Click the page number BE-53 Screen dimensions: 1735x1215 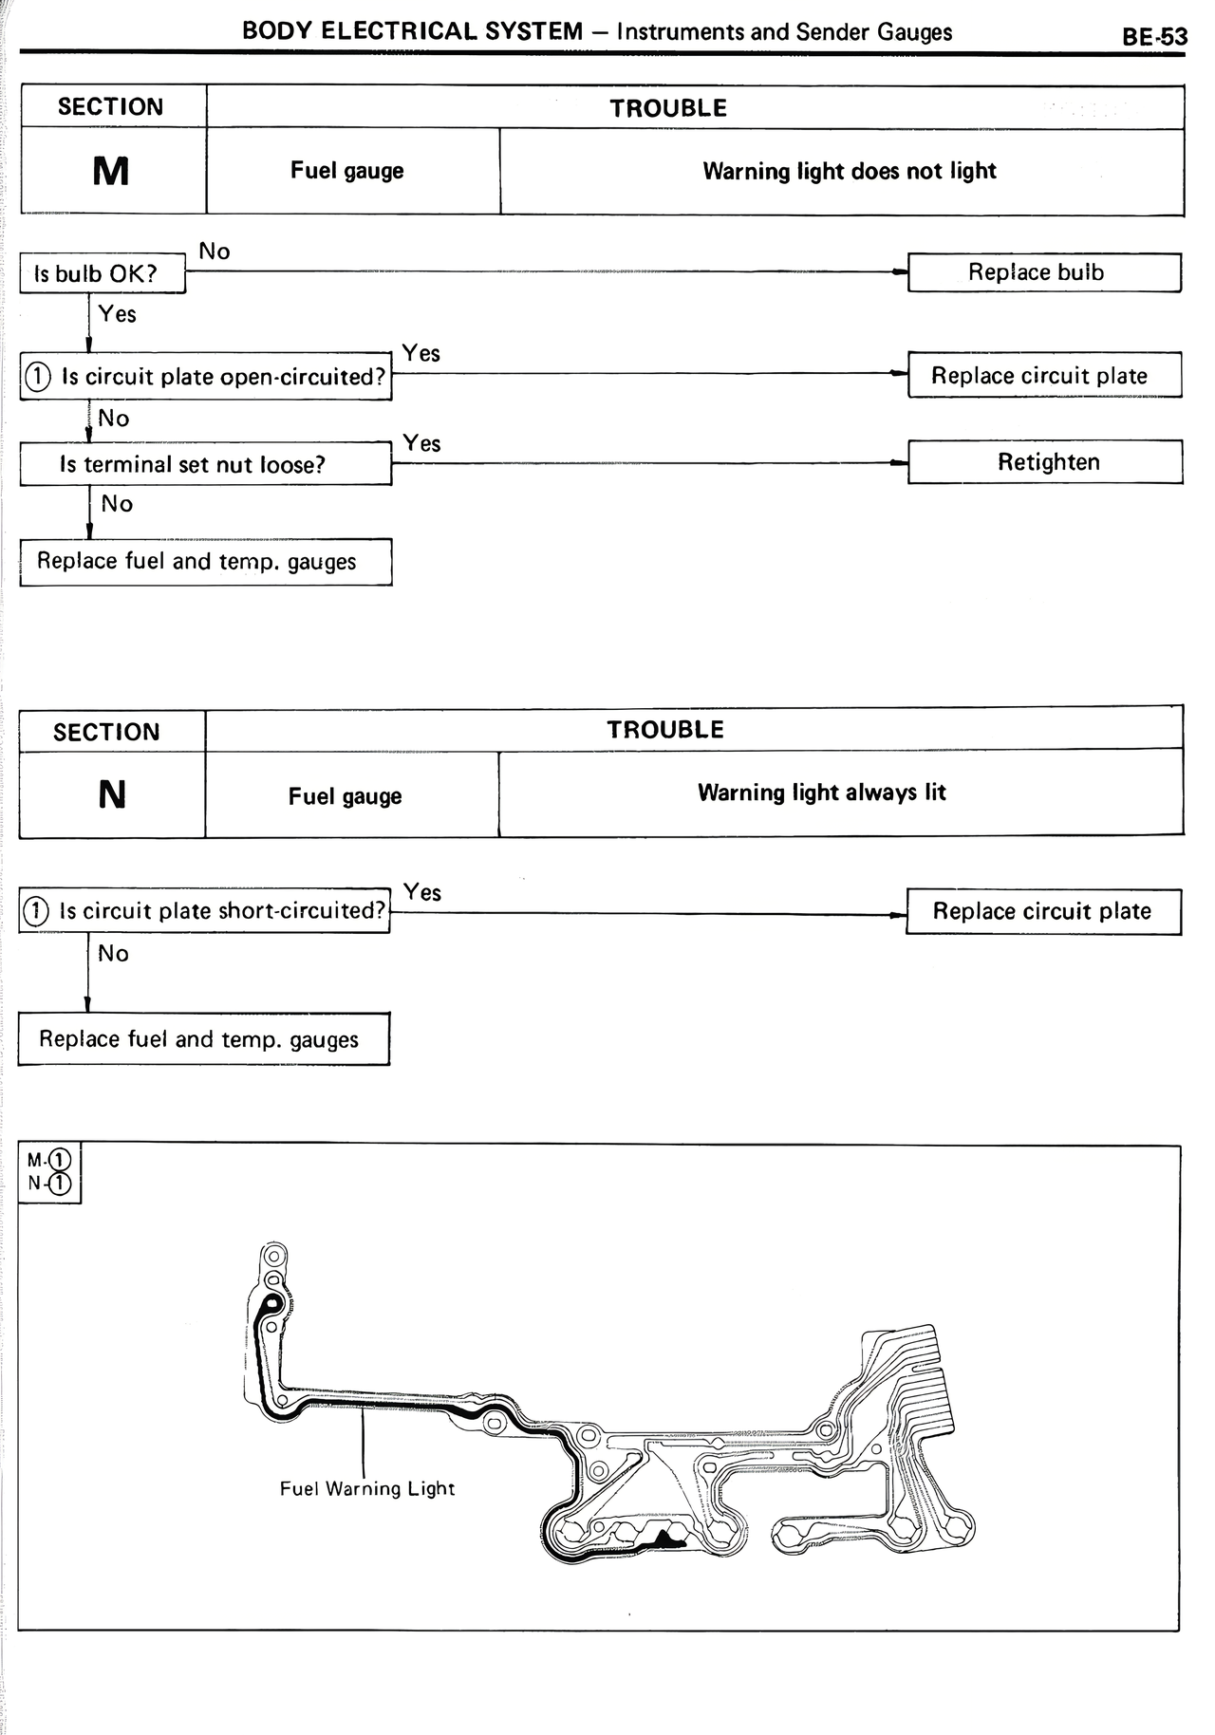pos(1154,37)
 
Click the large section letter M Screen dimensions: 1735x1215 pos(111,172)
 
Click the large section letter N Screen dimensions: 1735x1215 pos(112,794)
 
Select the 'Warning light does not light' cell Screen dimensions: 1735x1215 pos(849,171)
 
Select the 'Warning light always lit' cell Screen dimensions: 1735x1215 pos(821,793)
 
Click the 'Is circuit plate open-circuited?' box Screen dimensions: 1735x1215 pos(206,377)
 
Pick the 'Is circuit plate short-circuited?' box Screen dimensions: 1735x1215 pos(205,911)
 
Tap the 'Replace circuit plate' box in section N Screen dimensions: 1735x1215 pos(1043,912)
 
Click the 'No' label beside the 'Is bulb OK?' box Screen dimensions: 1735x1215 pos(215,252)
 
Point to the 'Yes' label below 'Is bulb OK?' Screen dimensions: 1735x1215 pos(118,314)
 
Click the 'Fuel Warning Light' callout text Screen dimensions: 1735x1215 pos(367,1489)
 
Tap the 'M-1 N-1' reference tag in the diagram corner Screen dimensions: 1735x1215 pos(49,1172)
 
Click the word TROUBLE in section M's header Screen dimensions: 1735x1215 pos(668,108)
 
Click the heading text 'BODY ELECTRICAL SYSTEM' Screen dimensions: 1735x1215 pos(412,31)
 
